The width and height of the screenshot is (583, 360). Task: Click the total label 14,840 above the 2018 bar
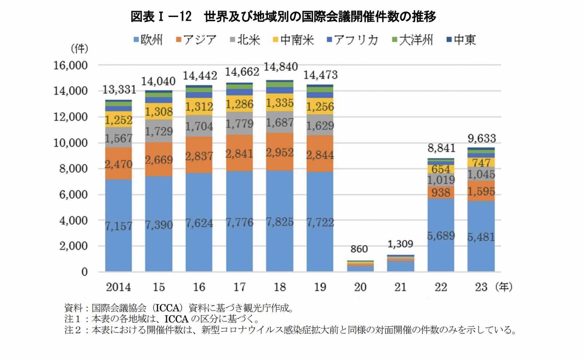pos(281,67)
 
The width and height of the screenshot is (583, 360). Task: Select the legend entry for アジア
pos(196,40)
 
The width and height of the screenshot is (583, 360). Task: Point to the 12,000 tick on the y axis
pos(71,117)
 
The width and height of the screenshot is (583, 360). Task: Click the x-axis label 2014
pos(118,287)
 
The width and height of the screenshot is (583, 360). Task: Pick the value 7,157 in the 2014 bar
pos(118,226)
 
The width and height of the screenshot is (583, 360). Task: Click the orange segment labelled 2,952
pos(279,152)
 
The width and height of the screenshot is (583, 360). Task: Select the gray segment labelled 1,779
pos(239,124)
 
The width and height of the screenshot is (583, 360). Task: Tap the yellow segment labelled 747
pos(481,163)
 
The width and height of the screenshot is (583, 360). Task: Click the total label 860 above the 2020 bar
pos(359,249)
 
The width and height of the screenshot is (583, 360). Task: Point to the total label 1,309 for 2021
pos(400,244)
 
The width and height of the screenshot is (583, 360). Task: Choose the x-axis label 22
pos(441,287)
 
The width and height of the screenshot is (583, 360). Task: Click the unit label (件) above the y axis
pos(79,48)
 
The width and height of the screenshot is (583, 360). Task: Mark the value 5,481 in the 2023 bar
pos(481,237)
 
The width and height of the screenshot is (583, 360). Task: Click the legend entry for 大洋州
pos(412,40)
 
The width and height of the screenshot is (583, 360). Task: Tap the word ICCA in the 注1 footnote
pos(176,319)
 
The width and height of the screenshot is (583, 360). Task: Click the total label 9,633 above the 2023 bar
pos(482,138)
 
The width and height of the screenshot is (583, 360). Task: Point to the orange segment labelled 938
pos(441,192)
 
